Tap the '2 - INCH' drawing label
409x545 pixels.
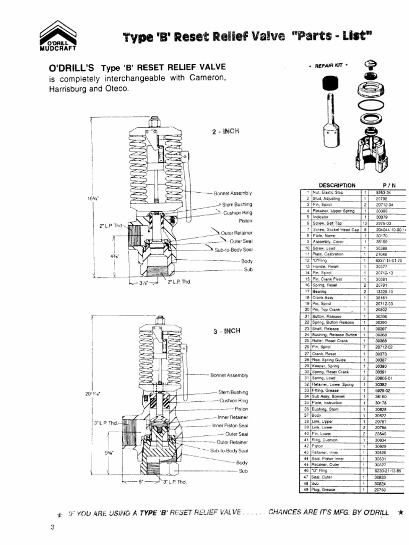(x=224, y=131)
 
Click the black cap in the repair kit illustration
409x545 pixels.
(x=331, y=84)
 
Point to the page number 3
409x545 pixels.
(x=52, y=527)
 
